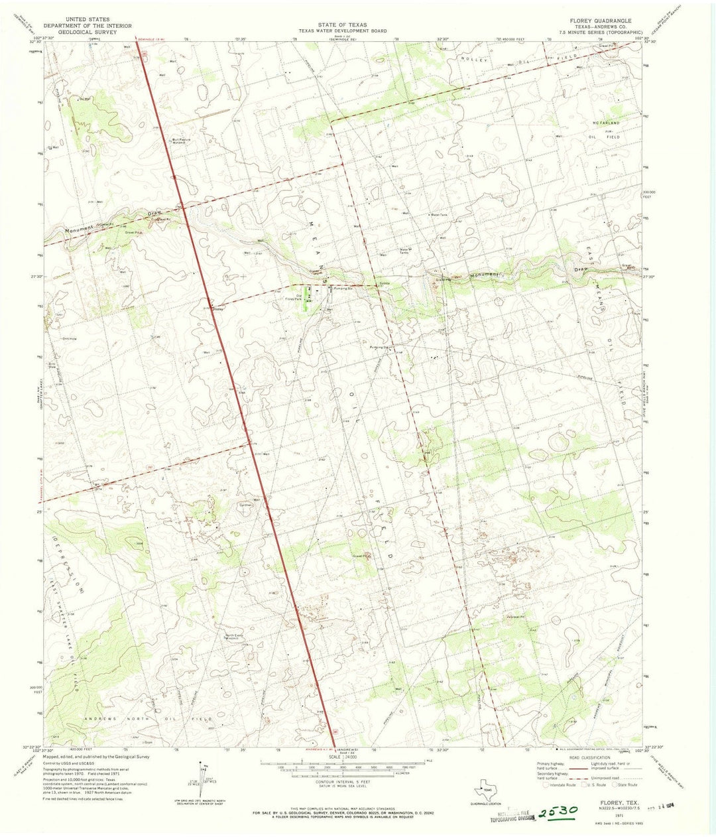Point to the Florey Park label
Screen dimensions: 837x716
pyautogui.click(x=294, y=298)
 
